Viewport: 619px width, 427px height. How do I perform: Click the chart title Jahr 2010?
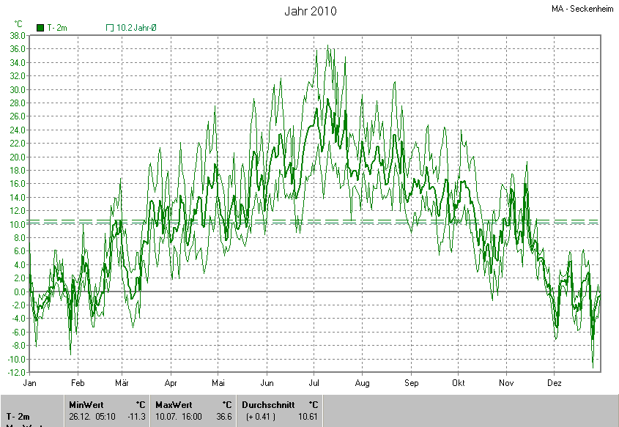[x=311, y=12]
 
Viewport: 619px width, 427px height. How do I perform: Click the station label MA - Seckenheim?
[x=584, y=9]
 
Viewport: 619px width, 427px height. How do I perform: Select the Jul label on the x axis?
[x=315, y=383]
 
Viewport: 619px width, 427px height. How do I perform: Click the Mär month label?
[x=122, y=383]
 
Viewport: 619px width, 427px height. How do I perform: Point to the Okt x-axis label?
[x=459, y=383]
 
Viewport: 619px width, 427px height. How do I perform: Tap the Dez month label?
[x=554, y=383]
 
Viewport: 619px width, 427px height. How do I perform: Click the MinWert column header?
[x=86, y=404]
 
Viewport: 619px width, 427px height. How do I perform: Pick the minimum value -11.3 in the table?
[x=137, y=416]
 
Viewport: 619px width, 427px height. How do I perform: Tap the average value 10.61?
[x=308, y=416]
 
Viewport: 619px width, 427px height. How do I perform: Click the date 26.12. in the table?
[x=79, y=416]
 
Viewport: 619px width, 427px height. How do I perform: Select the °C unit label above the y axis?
[x=18, y=23]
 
